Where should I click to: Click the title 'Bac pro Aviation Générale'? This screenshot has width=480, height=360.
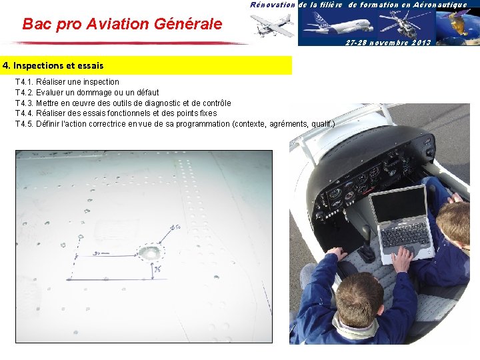tap(122, 24)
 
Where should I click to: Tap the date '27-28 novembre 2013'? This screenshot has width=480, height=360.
tap(389, 42)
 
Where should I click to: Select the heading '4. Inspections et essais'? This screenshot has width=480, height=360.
tap(53, 66)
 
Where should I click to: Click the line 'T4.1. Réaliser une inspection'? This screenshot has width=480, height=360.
tap(67, 82)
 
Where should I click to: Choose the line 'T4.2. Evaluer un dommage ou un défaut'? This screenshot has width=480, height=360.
tap(87, 92)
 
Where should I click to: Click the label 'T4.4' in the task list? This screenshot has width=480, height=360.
tap(24, 113)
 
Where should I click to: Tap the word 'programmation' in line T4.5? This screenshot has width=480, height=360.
tap(198, 123)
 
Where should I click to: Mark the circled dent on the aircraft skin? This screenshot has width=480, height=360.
tap(149, 253)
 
